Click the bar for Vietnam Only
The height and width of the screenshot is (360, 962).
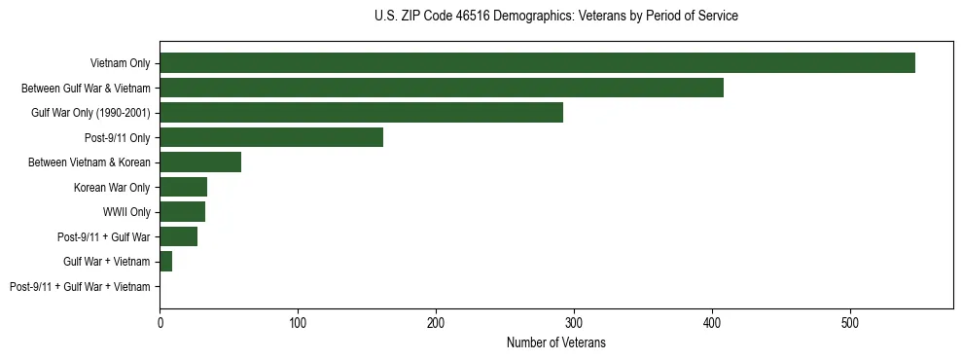click(x=537, y=63)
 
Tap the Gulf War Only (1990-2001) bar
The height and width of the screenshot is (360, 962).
click(x=361, y=113)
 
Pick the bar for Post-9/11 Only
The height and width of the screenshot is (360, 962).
click(x=271, y=137)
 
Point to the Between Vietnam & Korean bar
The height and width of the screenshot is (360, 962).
click(x=200, y=162)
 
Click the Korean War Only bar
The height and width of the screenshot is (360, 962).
click(x=184, y=187)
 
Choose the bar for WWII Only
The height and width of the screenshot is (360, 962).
click(x=183, y=212)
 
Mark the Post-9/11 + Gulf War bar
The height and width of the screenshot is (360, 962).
click(x=179, y=236)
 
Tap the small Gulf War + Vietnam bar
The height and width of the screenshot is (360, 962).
click(x=166, y=262)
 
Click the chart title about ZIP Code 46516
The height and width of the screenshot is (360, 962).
click(x=555, y=17)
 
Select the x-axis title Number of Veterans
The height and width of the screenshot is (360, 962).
click(x=555, y=342)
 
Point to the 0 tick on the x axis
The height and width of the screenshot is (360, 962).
click(x=160, y=322)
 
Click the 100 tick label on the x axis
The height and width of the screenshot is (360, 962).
click(x=299, y=322)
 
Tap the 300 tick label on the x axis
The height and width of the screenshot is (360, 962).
click(x=575, y=322)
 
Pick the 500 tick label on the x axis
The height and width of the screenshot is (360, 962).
click(x=851, y=322)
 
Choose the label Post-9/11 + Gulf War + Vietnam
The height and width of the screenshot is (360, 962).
click(x=80, y=287)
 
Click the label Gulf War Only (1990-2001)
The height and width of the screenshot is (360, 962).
click(x=90, y=113)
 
